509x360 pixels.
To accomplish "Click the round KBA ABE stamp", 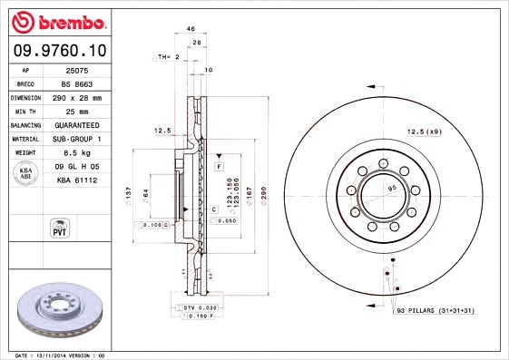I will pos(24,173).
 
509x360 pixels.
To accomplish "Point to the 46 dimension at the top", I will pos(191,29).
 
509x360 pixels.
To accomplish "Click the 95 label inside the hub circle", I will pos(393,189).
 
